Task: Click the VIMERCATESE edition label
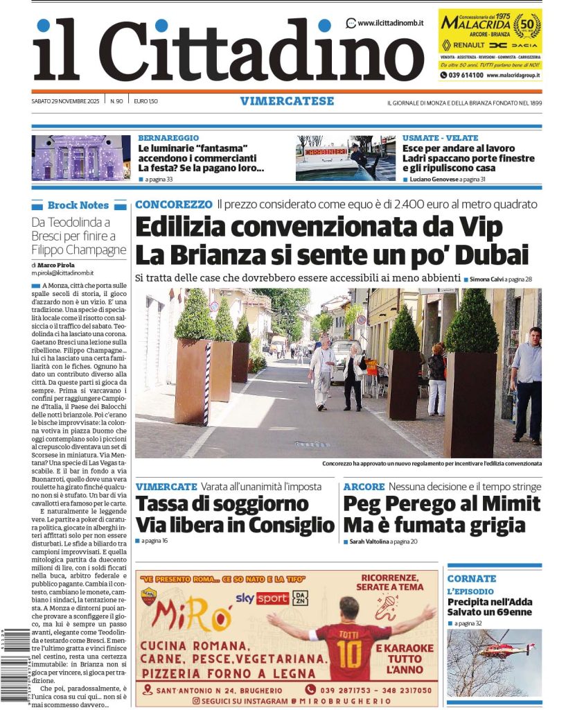pyautogui.click(x=287, y=101)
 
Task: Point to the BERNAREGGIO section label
pyautogui.click(x=168, y=138)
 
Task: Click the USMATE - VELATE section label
pyautogui.click(x=440, y=138)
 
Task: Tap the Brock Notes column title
pyautogui.click(x=78, y=205)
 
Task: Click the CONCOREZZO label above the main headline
pyautogui.click(x=174, y=205)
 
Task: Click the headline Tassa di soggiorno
pyautogui.click(x=222, y=503)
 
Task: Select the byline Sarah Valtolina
pyautogui.click(x=368, y=541)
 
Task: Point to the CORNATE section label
pyautogui.click(x=472, y=578)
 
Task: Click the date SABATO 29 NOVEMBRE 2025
pyautogui.click(x=66, y=101)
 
